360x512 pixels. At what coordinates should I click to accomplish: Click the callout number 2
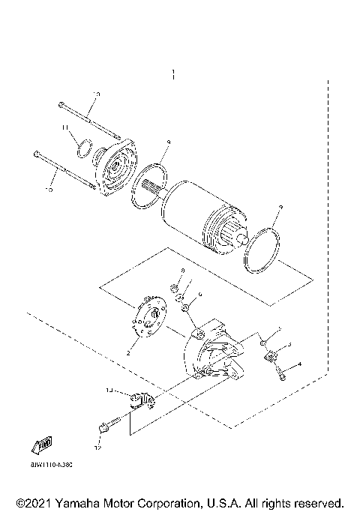coord(129,352)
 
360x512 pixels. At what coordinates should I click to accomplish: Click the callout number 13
coord(108,390)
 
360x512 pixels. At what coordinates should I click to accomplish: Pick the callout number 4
coord(299,364)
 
